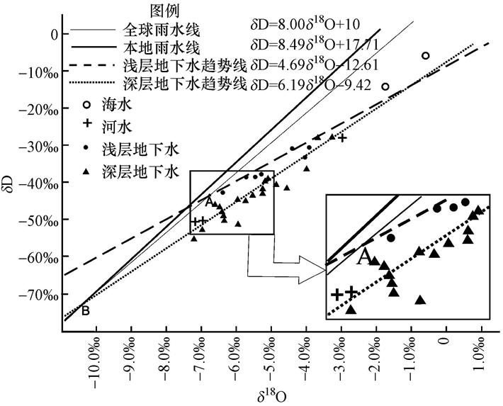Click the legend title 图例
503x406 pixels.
coord(165,11)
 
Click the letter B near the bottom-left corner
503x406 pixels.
coord(85,310)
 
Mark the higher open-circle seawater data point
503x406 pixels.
coord(426,56)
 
